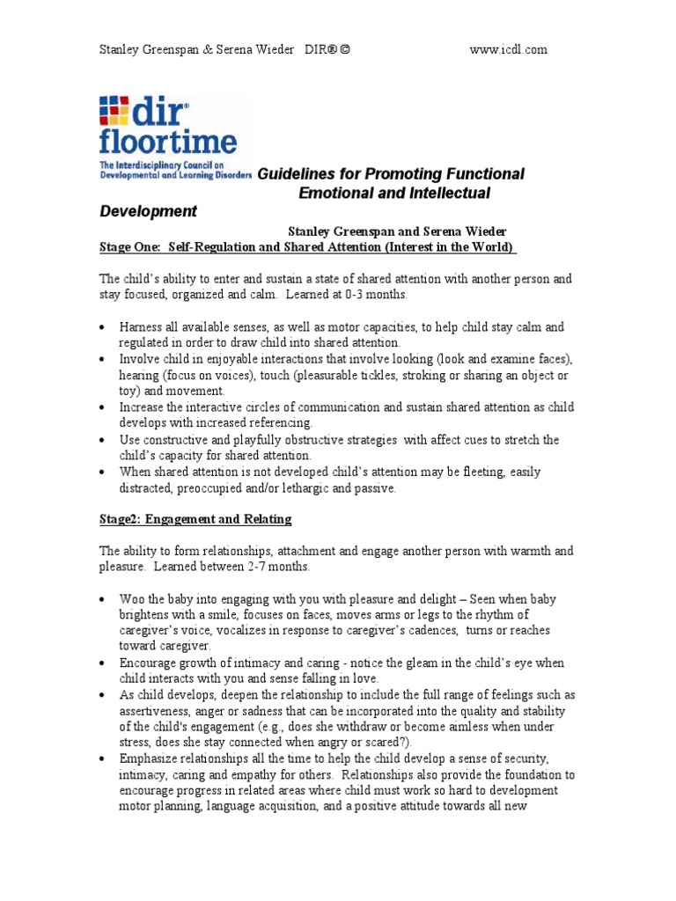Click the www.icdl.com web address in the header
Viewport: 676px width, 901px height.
[509, 49]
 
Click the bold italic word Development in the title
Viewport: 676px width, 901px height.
[148, 212]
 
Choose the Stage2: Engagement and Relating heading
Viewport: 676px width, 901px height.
[195, 519]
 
